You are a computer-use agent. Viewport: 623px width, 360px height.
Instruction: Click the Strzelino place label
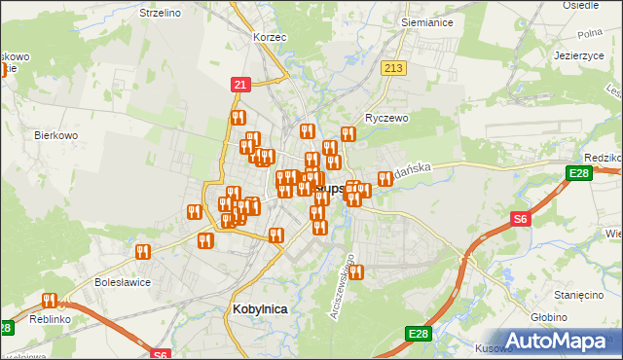[133, 13]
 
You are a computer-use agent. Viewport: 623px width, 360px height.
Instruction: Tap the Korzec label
[269, 36]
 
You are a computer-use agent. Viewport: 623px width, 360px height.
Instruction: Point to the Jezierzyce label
[580, 55]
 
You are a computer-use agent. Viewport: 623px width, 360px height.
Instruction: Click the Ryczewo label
[385, 117]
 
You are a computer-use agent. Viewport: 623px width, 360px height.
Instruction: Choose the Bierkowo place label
[55, 136]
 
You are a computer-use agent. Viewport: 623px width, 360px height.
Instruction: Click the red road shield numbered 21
[239, 86]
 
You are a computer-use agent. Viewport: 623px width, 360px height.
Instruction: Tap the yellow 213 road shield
[393, 68]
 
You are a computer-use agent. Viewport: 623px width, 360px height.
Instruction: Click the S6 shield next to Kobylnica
[162, 354]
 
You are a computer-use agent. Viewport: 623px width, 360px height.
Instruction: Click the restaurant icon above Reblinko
[49, 301]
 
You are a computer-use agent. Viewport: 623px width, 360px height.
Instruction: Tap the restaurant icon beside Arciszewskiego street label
[356, 272]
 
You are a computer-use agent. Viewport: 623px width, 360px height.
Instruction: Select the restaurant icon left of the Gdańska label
[385, 178]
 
